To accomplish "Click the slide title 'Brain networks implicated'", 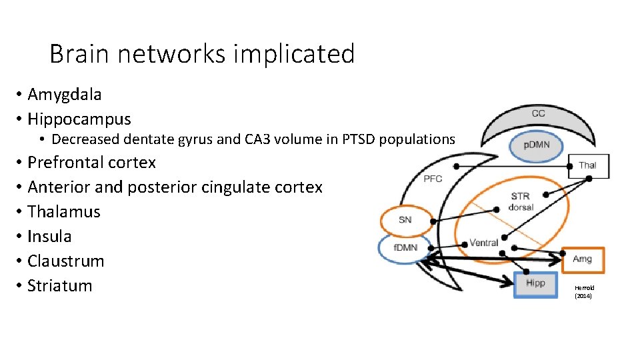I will click(201, 53).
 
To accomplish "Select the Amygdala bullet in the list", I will click(65, 95).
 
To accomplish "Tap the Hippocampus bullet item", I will click(79, 119).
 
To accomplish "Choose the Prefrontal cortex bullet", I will click(91, 163).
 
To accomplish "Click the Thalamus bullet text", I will click(63, 212).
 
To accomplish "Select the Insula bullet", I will click(49, 237).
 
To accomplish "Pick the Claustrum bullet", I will click(65, 261).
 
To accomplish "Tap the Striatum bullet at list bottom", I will click(59, 286).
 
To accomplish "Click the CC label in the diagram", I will click(539, 113).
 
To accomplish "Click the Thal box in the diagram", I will click(588, 165).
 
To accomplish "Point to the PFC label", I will click(433, 179).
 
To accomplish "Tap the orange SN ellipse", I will click(405, 220).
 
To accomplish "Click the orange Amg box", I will click(582, 259).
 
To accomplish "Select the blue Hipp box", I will click(535, 283).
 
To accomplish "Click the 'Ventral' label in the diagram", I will click(484, 243).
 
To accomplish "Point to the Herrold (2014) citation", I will click(583, 291).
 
